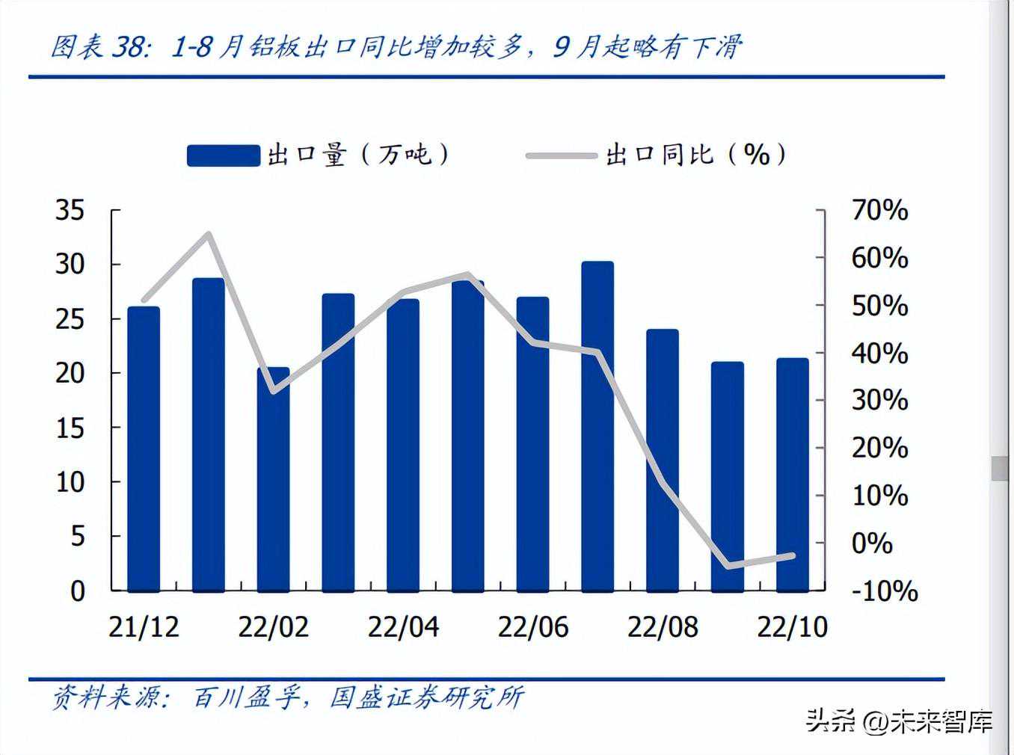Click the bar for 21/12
[x=144, y=449]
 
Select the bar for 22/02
[x=273, y=478]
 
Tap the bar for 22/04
[x=403, y=445]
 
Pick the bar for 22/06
[x=532, y=444]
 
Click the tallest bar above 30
[x=597, y=426]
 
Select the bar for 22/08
[x=663, y=460]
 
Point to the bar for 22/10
[x=793, y=475]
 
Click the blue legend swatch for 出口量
[x=223, y=155]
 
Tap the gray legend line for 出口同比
[x=562, y=155]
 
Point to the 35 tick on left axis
[x=70, y=210]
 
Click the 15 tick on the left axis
[x=70, y=428]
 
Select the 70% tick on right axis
[x=879, y=210]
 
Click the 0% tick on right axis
[x=873, y=543]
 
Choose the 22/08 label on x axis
[x=663, y=626]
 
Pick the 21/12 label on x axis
[x=144, y=626]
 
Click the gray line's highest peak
[x=209, y=235]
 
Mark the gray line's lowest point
[x=728, y=566]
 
